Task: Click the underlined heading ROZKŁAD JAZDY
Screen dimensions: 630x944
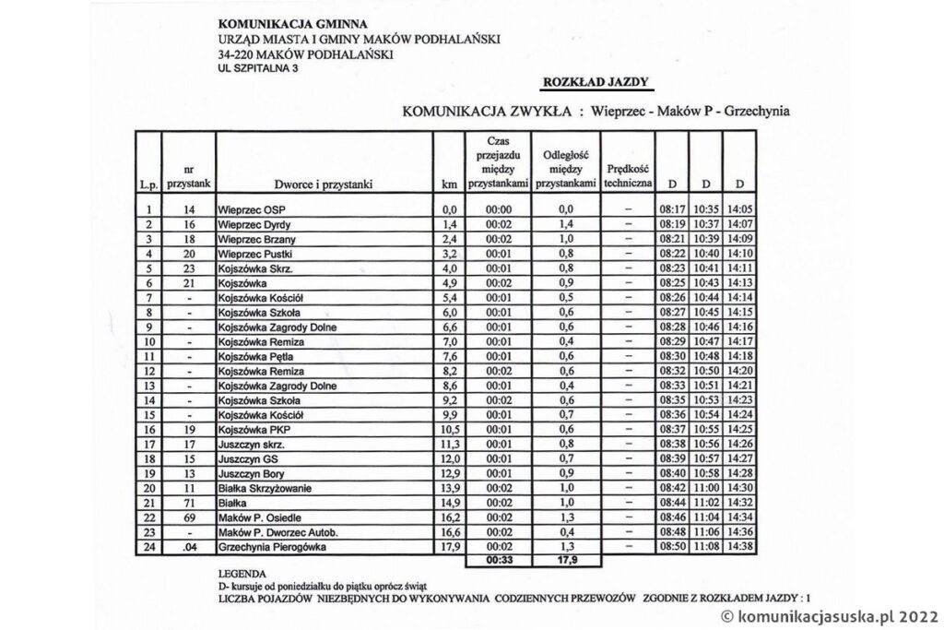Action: (x=596, y=81)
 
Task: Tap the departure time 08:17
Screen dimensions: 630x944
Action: (x=671, y=209)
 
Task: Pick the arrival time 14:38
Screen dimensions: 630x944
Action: (x=739, y=547)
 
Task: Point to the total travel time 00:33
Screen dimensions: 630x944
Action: (x=499, y=560)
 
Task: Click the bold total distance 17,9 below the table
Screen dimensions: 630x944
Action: (x=566, y=560)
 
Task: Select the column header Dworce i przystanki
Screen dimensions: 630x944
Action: (x=323, y=184)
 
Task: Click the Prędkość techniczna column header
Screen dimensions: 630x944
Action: (x=628, y=176)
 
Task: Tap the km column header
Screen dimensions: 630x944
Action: (x=450, y=184)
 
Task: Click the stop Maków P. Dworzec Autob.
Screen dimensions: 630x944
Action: (x=275, y=532)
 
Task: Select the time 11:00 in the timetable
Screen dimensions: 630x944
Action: (x=706, y=488)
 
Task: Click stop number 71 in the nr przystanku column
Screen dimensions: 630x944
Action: (x=189, y=503)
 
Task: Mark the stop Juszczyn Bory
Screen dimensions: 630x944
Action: (x=252, y=473)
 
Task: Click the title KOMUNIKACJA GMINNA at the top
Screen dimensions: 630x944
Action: (x=280, y=22)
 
